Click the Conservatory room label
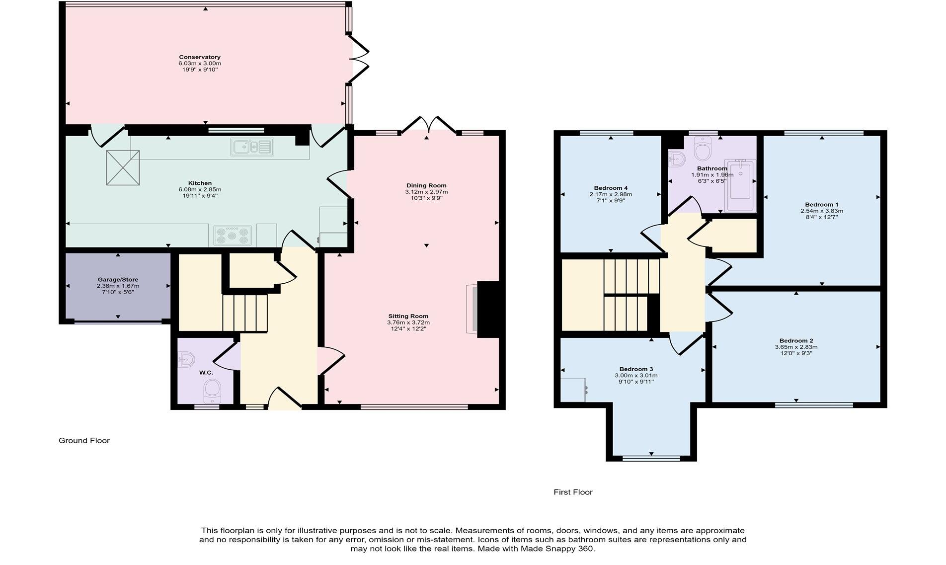(x=200, y=57)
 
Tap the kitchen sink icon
(x=252, y=147)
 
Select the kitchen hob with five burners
(x=233, y=236)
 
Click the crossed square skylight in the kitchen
(x=123, y=168)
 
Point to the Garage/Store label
(x=118, y=280)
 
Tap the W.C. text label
(x=206, y=373)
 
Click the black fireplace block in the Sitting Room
(x=488, y=310)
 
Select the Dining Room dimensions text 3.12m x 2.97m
(x=426, y=192)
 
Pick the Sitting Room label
(x=408, y=316)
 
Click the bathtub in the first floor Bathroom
(x=740, y=186)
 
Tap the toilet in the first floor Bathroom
(x=703, y=150)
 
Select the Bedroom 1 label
(x=821, y=205)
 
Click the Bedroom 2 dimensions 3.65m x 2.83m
(x=796, y=347)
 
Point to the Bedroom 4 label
(x=611, y=188)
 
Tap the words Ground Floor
(x=84, y=441)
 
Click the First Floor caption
(x=573, y=492)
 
